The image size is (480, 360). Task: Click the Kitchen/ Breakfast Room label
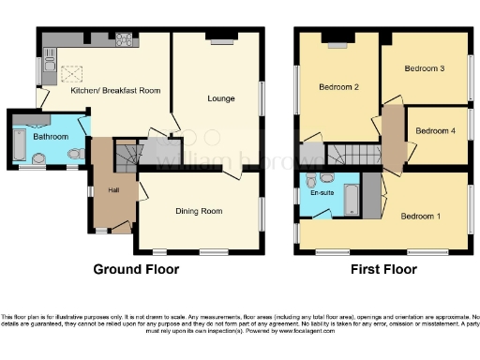click(115, 91)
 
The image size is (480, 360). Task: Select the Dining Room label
click(199, 211)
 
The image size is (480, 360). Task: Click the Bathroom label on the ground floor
click(51, 137)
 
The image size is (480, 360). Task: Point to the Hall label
click(113, 190)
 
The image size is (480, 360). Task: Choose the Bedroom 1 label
click(421, 217)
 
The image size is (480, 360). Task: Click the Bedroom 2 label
click(338, 88)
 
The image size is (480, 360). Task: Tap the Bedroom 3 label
click(424, 69)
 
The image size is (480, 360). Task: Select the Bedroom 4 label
click(436, 131)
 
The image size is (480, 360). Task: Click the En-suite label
click(322, 193)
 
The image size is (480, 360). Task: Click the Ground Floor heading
click(135, 269)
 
